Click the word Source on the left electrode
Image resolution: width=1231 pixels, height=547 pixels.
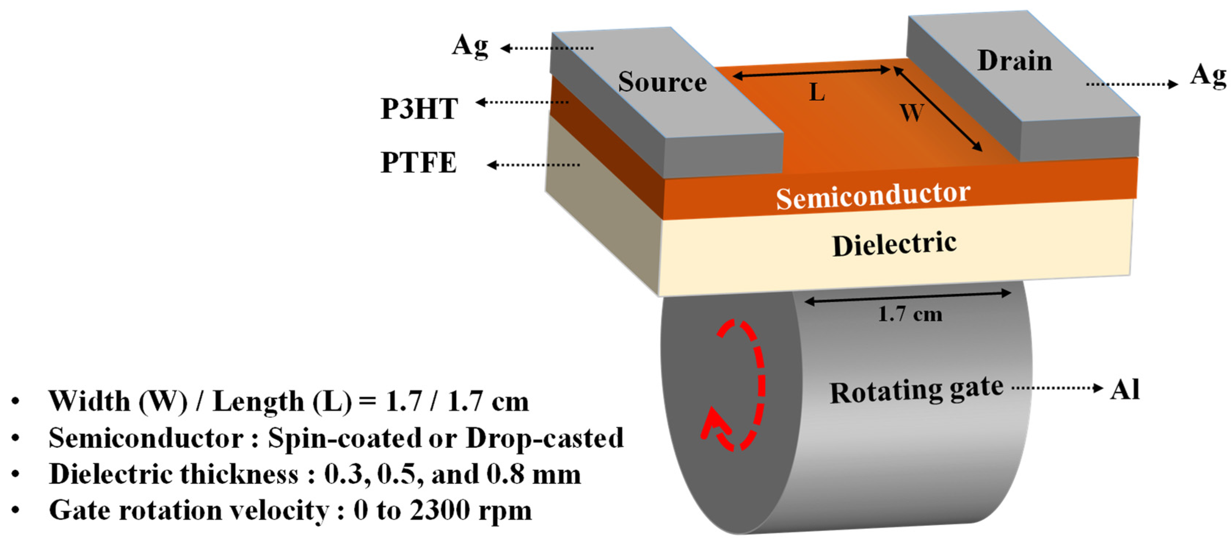(662, 82)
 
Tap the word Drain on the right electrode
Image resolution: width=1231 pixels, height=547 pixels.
(1015, 61)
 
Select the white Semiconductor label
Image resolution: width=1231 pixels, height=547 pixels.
(873, 196)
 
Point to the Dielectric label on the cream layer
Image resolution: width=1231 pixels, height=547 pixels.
(894, 244)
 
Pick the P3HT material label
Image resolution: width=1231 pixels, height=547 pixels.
(419, 109)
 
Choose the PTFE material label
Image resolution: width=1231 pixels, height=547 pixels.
(418, 163)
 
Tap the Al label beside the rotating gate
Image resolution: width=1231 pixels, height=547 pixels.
(1125, 389)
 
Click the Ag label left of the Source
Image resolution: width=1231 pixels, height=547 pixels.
(470, 46)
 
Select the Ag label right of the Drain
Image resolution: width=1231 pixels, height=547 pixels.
(1208, 76)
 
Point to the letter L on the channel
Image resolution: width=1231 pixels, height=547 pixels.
(817, 92)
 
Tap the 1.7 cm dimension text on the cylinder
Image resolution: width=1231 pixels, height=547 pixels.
(910, 314)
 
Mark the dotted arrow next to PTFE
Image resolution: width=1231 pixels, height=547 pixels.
(533, 165)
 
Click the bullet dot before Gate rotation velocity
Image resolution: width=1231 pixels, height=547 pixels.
(16, 511)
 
